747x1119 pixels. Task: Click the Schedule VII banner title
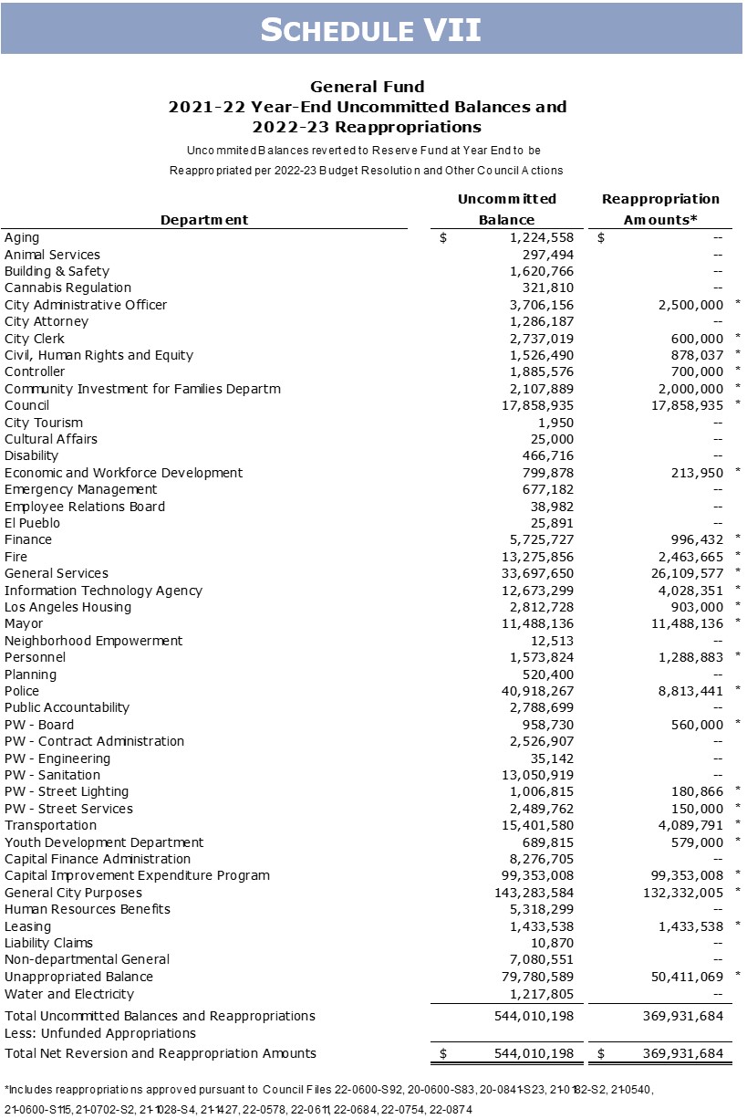371,29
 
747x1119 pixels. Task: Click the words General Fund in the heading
368,87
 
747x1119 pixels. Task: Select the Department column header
204,219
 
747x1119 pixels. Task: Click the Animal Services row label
52,255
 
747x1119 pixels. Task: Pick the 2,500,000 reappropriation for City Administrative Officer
689,305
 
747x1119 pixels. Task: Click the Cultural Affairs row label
50,439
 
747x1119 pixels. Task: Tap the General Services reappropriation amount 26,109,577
685,573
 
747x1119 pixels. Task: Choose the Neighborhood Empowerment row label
93,641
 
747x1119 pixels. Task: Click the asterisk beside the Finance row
737,539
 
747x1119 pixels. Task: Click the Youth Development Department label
104,842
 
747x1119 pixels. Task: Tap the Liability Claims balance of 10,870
552,943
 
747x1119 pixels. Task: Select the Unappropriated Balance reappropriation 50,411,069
685,977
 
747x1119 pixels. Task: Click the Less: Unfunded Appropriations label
100,1033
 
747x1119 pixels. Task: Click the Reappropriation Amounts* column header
660,209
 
